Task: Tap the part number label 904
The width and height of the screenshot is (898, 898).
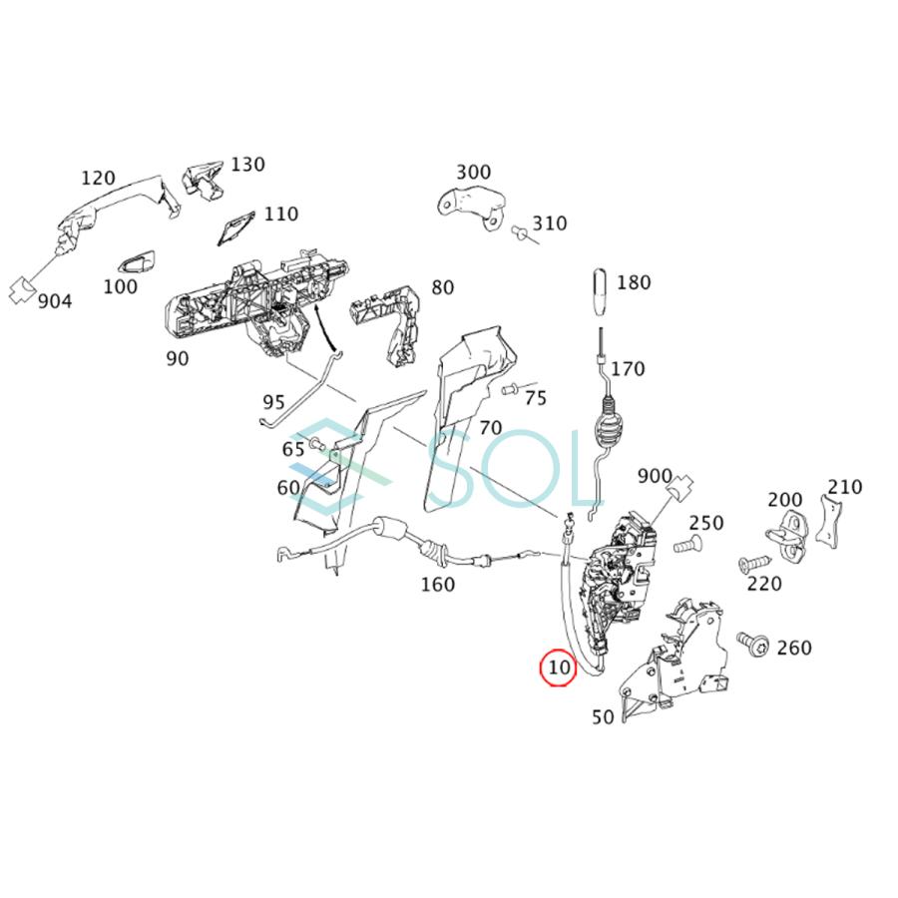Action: pyautogui.click(x=54, y=300)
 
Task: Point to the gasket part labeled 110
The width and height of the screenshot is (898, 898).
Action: pyautogui.click(x=235, y=229)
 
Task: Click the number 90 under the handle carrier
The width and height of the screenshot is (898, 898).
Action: pyautogui.click(x=177, y=358)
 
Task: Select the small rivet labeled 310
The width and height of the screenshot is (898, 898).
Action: pyautogui.click(x=520, y=232)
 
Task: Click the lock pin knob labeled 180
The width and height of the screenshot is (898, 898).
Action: pyautogui.click(x=601, y=291)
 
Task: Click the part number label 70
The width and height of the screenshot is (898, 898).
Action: pyautogui.click(x=490, y=428)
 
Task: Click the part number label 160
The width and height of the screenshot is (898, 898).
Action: pyautogui.click(x=437, y=584)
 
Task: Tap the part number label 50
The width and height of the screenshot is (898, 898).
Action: pyautogui.click(x=604, y=715)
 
